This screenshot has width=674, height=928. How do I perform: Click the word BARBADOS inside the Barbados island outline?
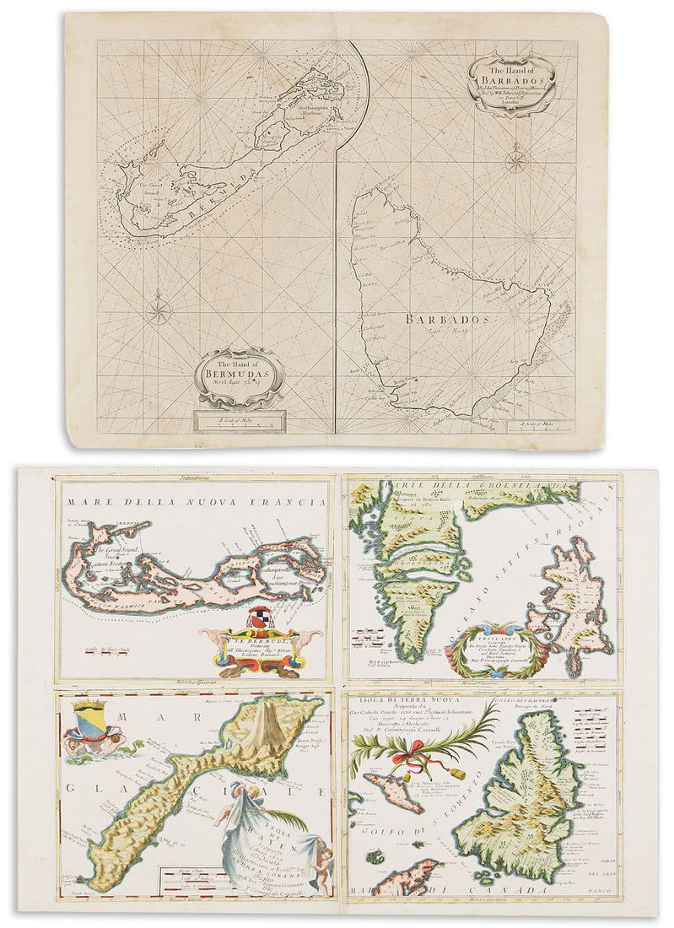tap(447, 320)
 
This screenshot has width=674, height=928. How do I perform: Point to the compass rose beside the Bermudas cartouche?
tap(158, 310)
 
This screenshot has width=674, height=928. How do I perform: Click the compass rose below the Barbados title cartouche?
tap(515, 159)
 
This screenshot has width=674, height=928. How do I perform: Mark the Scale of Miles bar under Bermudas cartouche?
tap(239, 421)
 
